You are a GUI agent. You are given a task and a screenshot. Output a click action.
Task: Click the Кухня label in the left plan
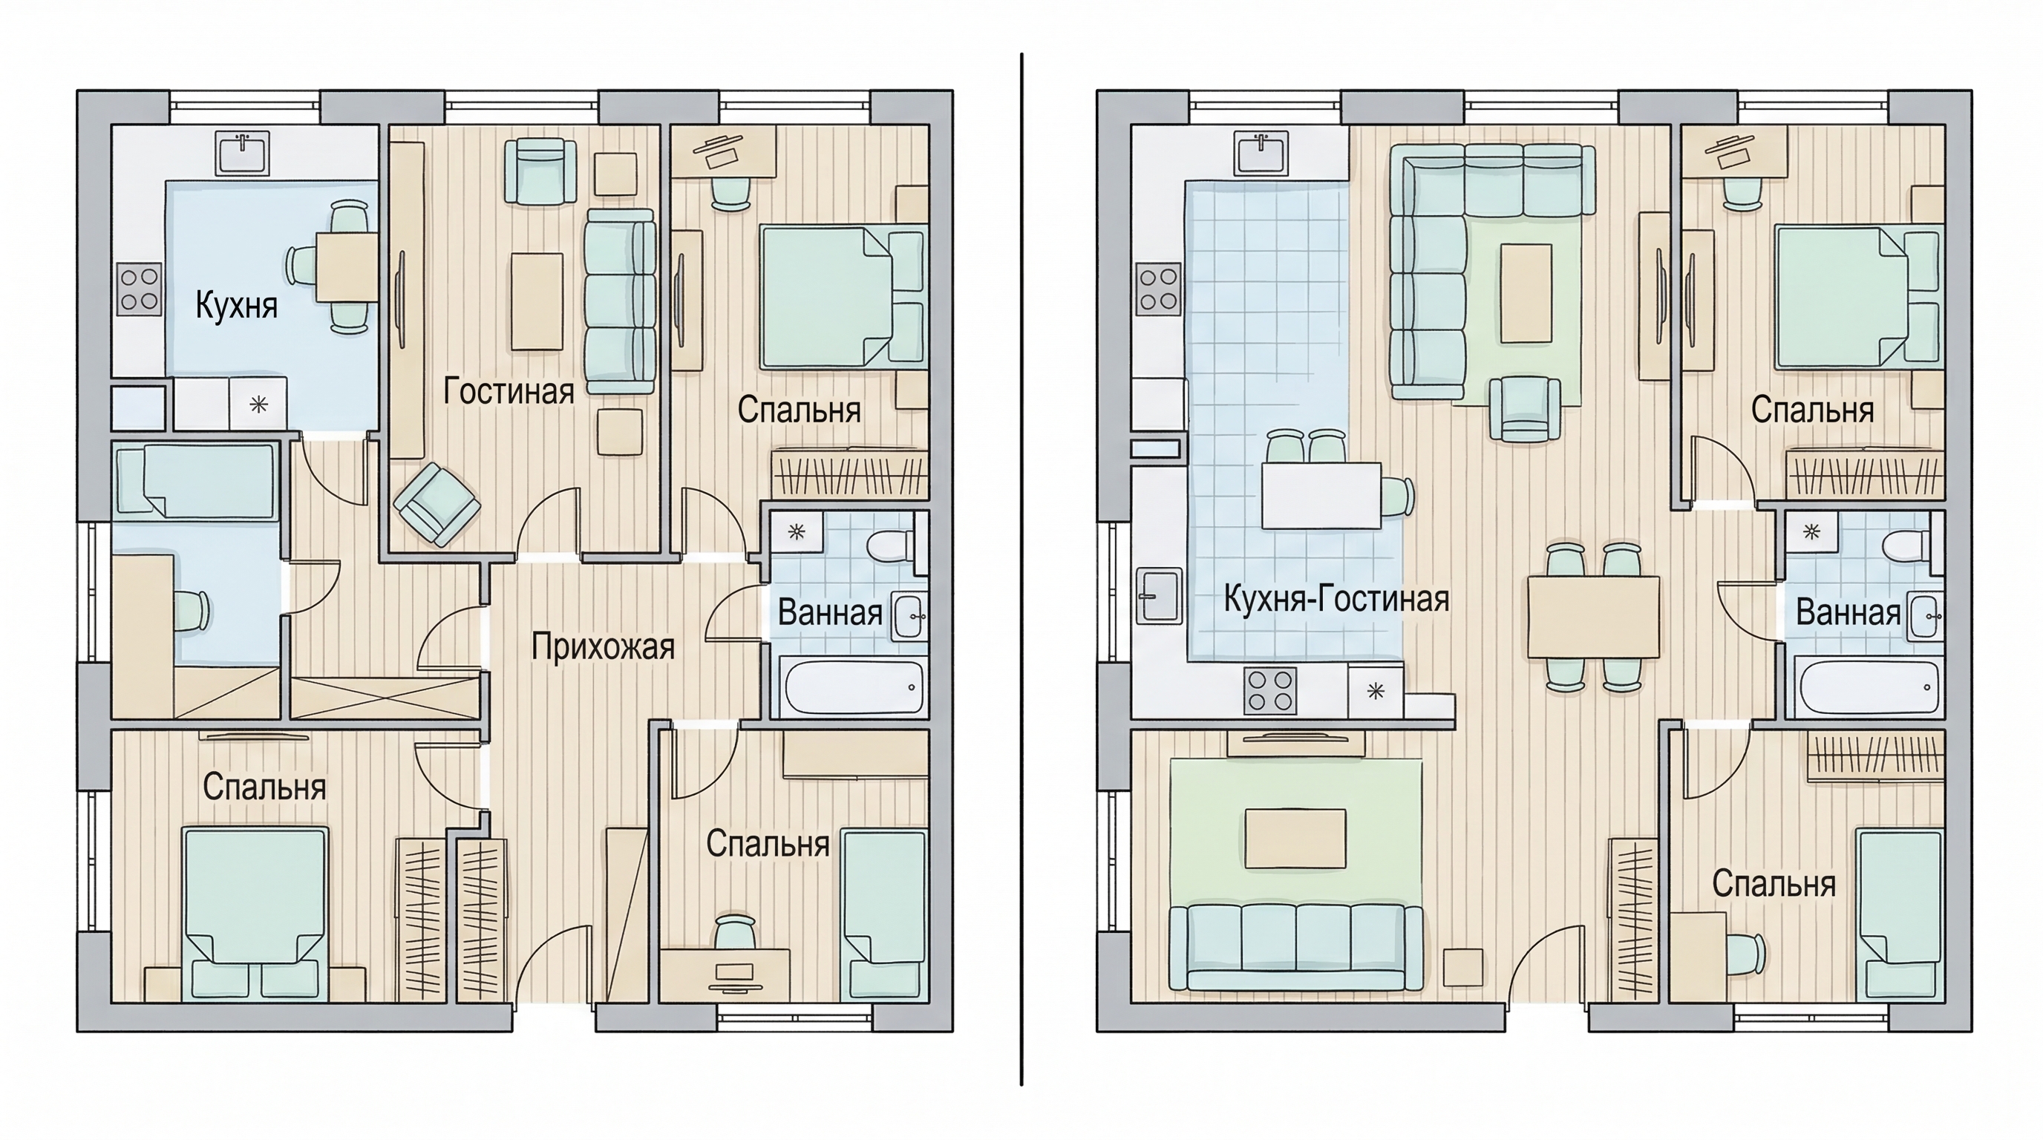[x=236, y=306]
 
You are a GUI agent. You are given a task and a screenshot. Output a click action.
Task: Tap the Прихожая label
[x=603, y=648]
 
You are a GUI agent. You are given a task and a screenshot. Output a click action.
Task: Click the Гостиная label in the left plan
[x=509, y=392]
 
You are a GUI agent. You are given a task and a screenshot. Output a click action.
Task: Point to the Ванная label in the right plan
[x=1848, y=613]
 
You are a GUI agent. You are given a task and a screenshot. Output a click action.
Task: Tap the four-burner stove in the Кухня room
[x=139, y=289]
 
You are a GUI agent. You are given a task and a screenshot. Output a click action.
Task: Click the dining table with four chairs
[x=1593, y=617]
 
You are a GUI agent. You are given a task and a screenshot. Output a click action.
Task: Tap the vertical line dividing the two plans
[x=1021, y=569]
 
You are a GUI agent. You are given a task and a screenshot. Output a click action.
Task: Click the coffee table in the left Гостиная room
[x=537, y=301]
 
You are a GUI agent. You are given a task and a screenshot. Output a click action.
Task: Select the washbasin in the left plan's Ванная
[x=909, y=616]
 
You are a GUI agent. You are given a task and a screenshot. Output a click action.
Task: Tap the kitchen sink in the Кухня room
[x=243, y=153]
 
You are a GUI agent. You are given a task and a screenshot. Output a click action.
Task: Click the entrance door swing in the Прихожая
[x=554, y=963]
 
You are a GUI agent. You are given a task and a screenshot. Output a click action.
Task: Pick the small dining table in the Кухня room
[x=347, y=266]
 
